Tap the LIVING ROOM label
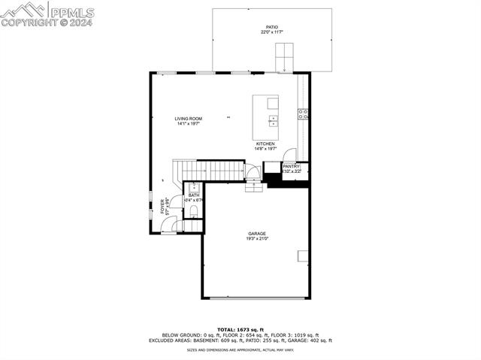(189, 119)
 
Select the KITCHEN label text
(265, 144)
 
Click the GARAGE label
(257, 234)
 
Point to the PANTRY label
(292, 166)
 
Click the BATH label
(194, 195)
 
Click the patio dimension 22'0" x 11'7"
(271, 32)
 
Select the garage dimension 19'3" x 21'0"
(257, 239)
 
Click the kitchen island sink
(273, 119)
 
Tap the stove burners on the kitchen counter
(303, 114)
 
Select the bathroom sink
(193, 186)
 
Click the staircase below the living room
(217, 171)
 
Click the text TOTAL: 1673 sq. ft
(240, 329)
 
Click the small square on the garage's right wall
(303, 256)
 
